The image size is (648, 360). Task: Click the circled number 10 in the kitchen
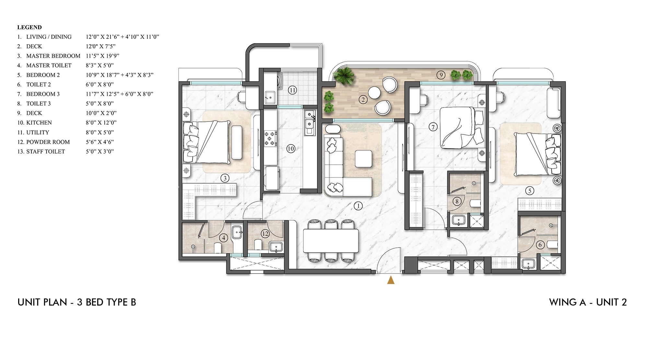291,149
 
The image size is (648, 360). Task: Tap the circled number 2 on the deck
363,99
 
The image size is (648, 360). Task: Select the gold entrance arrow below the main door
391,280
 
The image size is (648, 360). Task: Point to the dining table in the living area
331,241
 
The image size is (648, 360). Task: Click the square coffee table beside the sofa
364,159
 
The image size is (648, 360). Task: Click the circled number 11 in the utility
292,90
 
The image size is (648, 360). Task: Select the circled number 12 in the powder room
265,233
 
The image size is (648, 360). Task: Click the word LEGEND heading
29,27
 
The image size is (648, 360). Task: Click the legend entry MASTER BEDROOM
53,56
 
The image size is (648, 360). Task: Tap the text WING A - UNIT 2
588,302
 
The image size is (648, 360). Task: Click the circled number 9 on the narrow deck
440,75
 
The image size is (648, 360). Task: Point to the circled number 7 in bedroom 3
433,127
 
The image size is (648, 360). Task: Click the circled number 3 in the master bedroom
225,178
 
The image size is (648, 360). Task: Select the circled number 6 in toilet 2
540,245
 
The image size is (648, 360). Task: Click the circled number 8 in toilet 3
457,202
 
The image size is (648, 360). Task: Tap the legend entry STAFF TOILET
45,151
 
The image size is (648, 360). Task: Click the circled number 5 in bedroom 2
529,191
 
